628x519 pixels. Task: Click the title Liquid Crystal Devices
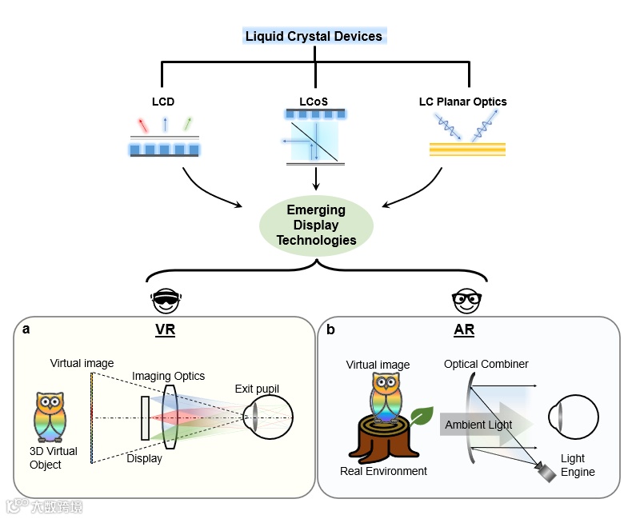point(314,36)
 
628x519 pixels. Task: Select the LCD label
point(163,102)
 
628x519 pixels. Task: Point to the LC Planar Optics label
point(462,102)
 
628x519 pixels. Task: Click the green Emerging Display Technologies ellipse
point(315,225)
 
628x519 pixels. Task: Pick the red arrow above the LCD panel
point(142,126)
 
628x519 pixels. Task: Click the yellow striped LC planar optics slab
point(467,150)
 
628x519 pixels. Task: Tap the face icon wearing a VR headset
point(166,301)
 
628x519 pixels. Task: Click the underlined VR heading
point(166,329)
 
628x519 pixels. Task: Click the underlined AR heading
point(464,329)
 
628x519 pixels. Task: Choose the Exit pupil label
point(257,389)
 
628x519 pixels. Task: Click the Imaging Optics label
point(168,376)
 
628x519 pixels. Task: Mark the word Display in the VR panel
point(144,458)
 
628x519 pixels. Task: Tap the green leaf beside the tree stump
point(421,416)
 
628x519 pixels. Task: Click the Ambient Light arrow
point(480,424)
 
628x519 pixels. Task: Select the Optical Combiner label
point(486,364)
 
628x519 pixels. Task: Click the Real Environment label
point(383,471)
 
